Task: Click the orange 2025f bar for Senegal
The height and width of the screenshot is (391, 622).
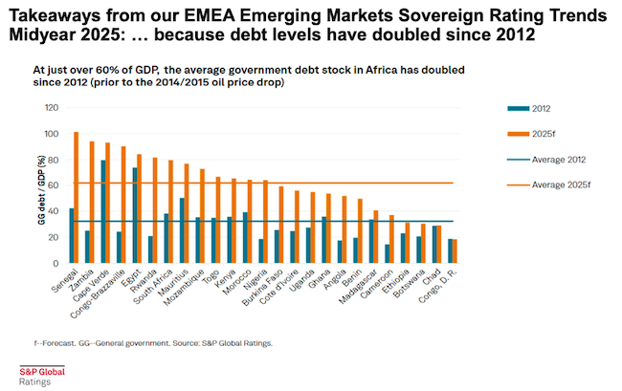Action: [x=76, y=197]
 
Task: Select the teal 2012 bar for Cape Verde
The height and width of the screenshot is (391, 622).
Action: [x=102, y=211]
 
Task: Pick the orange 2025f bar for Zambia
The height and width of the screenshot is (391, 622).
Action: [x=92, y=202]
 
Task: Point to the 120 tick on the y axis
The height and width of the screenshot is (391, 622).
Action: [x=52, y=107]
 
